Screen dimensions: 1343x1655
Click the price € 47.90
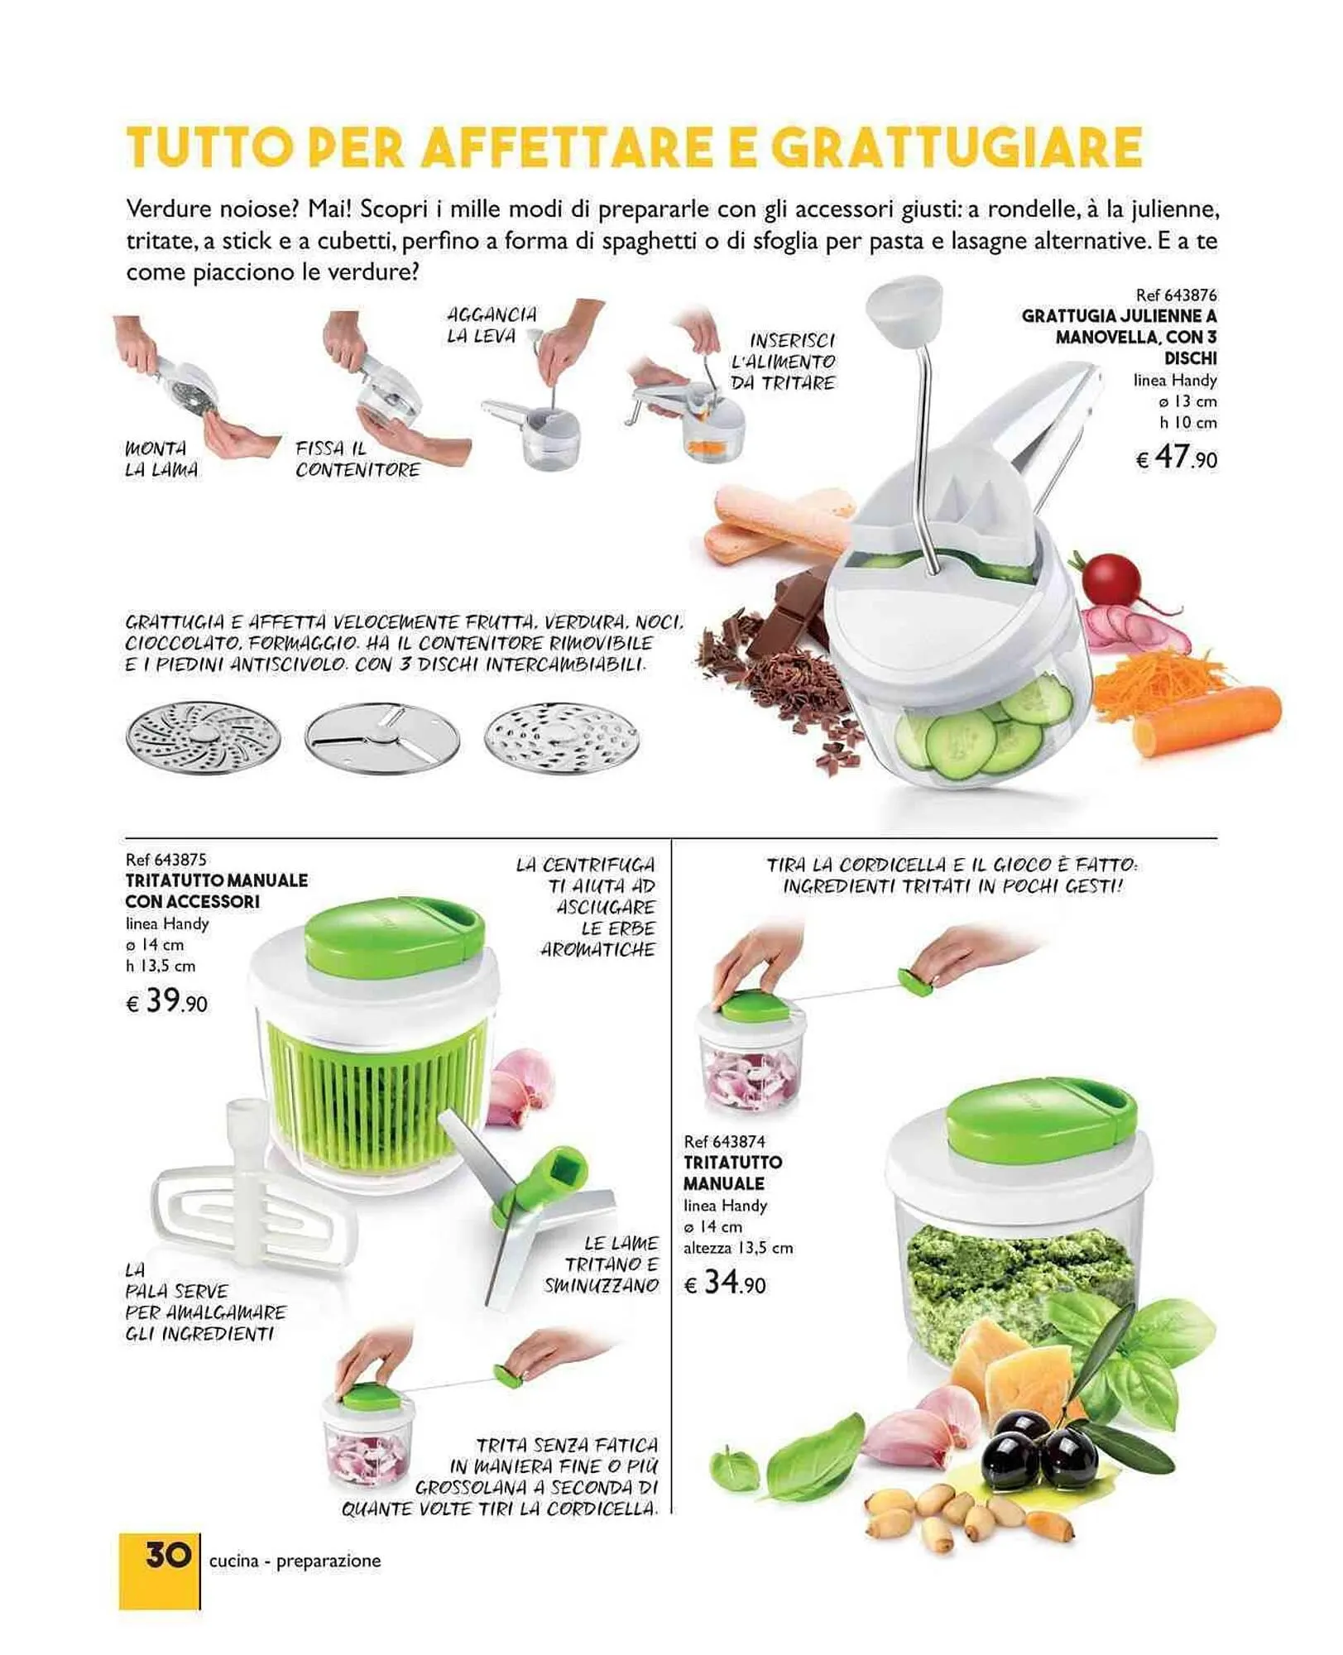pos(1176,457)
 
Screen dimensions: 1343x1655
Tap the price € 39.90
pos(166,1002)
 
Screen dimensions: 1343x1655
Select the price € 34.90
pos(725,1283)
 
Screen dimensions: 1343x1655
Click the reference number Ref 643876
pos(1176,295)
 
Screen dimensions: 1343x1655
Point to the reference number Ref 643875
pos(166,860)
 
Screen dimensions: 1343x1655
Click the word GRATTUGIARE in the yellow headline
pos(956,147)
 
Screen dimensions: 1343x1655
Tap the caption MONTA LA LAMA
pos(161,459)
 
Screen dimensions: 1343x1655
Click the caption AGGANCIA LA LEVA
pos(492,325)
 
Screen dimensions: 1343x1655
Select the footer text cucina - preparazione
pos(295,1561)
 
